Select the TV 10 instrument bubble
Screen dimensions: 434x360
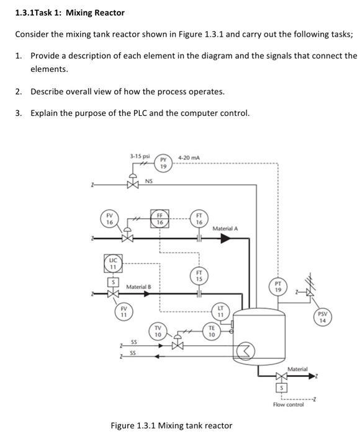pos(158,331)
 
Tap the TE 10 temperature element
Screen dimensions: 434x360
pos(212,331)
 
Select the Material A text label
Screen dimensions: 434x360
pos(225,229)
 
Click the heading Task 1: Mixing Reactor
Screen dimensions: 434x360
pos(70,12)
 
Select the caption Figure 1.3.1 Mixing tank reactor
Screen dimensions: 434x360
pos(171,425)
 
